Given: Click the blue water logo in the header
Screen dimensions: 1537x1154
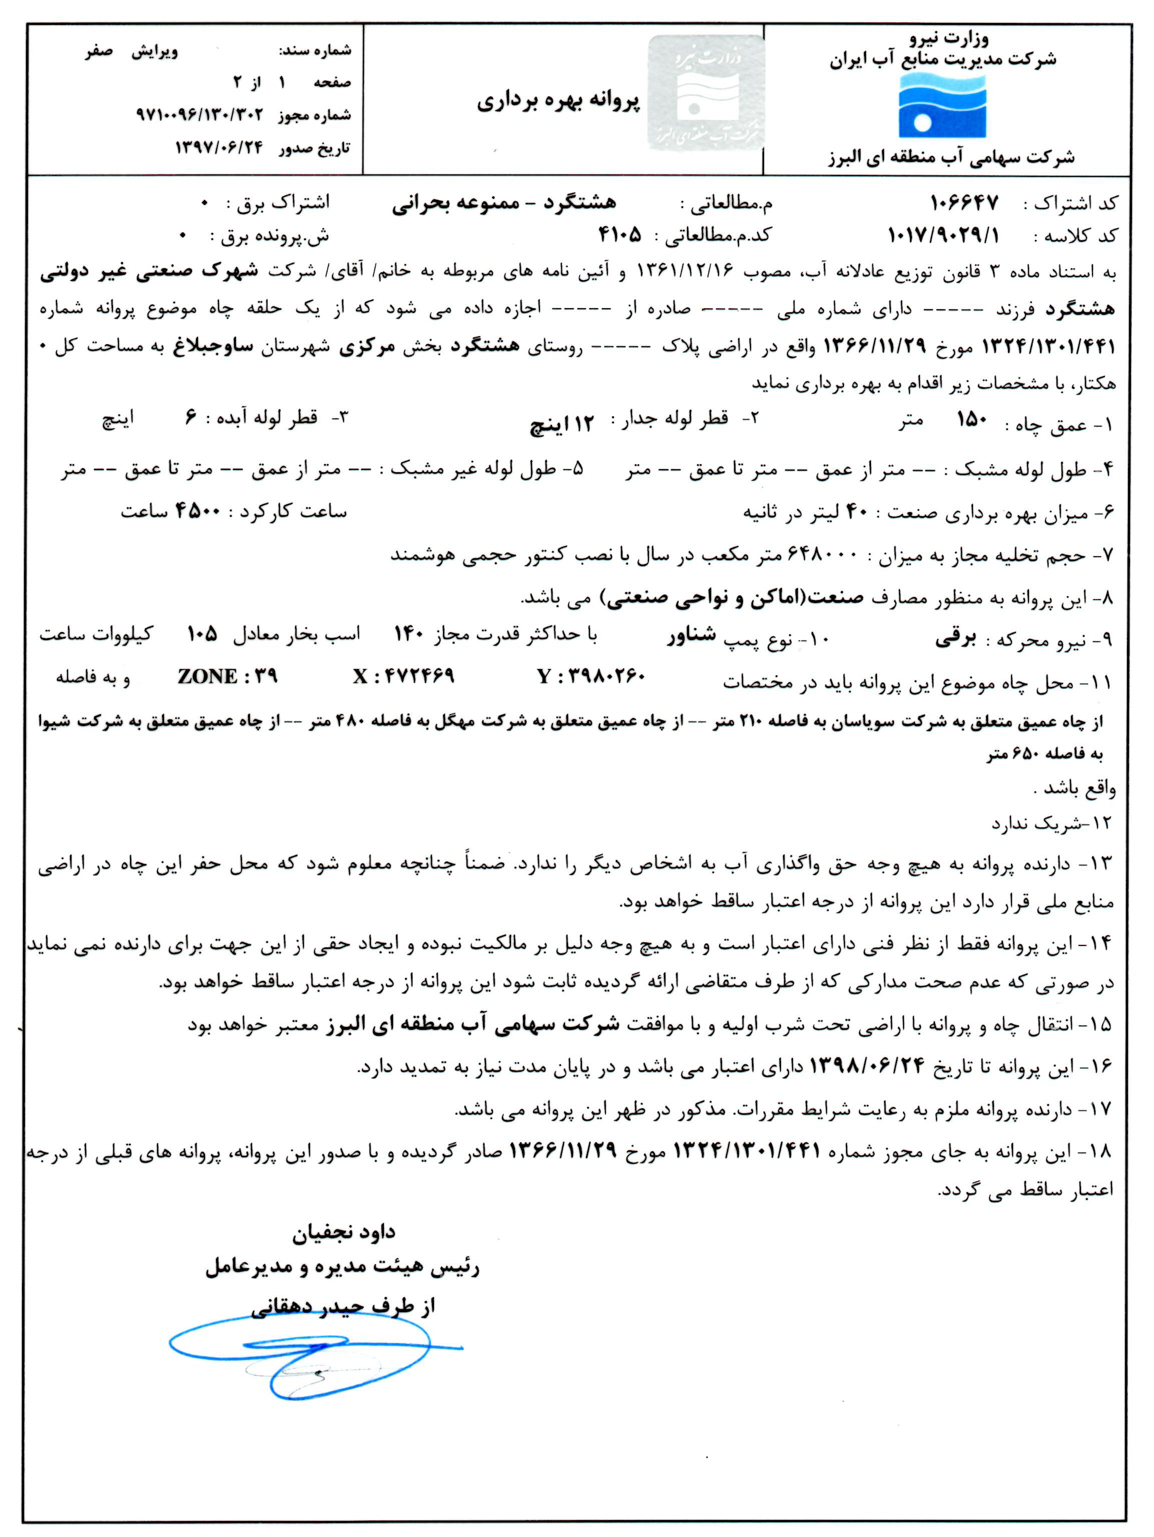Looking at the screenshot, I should [942, 106].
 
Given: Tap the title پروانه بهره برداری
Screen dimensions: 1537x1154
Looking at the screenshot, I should [557, 101].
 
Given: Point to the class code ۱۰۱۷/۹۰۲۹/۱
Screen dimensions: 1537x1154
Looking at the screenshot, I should [943, 236].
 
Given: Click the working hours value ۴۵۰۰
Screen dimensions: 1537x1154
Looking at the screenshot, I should [198, 511].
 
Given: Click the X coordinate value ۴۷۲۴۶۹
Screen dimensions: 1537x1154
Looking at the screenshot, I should [403, 676].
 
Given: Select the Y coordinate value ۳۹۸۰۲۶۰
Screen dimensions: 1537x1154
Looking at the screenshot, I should [591, 676].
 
